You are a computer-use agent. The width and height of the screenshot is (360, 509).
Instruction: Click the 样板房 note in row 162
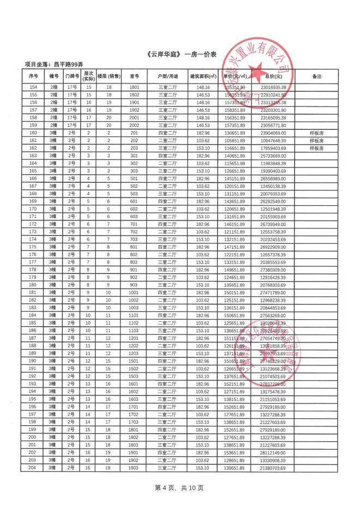tap(317, 148)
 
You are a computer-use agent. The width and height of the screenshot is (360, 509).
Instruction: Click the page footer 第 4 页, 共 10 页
tap(179, 487)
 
